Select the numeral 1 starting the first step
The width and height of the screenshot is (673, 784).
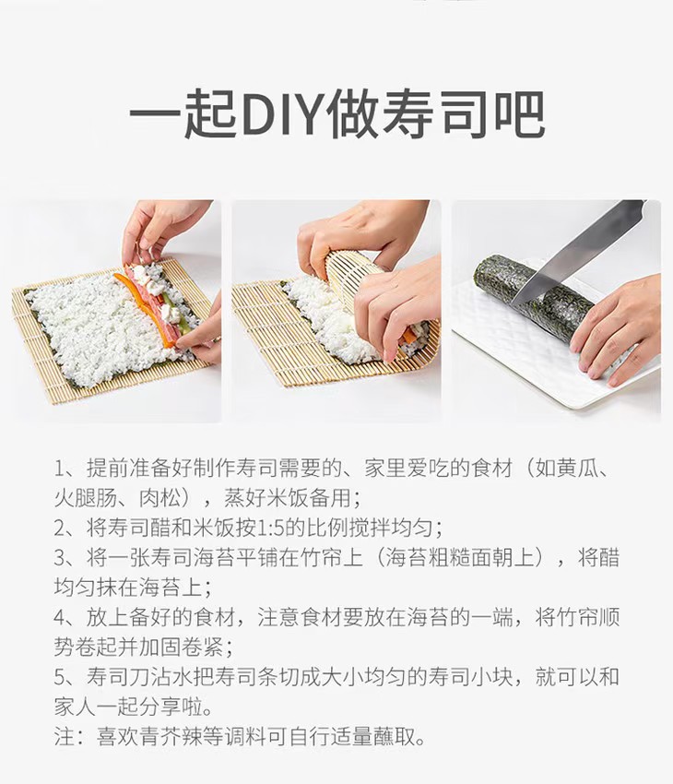59,469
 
